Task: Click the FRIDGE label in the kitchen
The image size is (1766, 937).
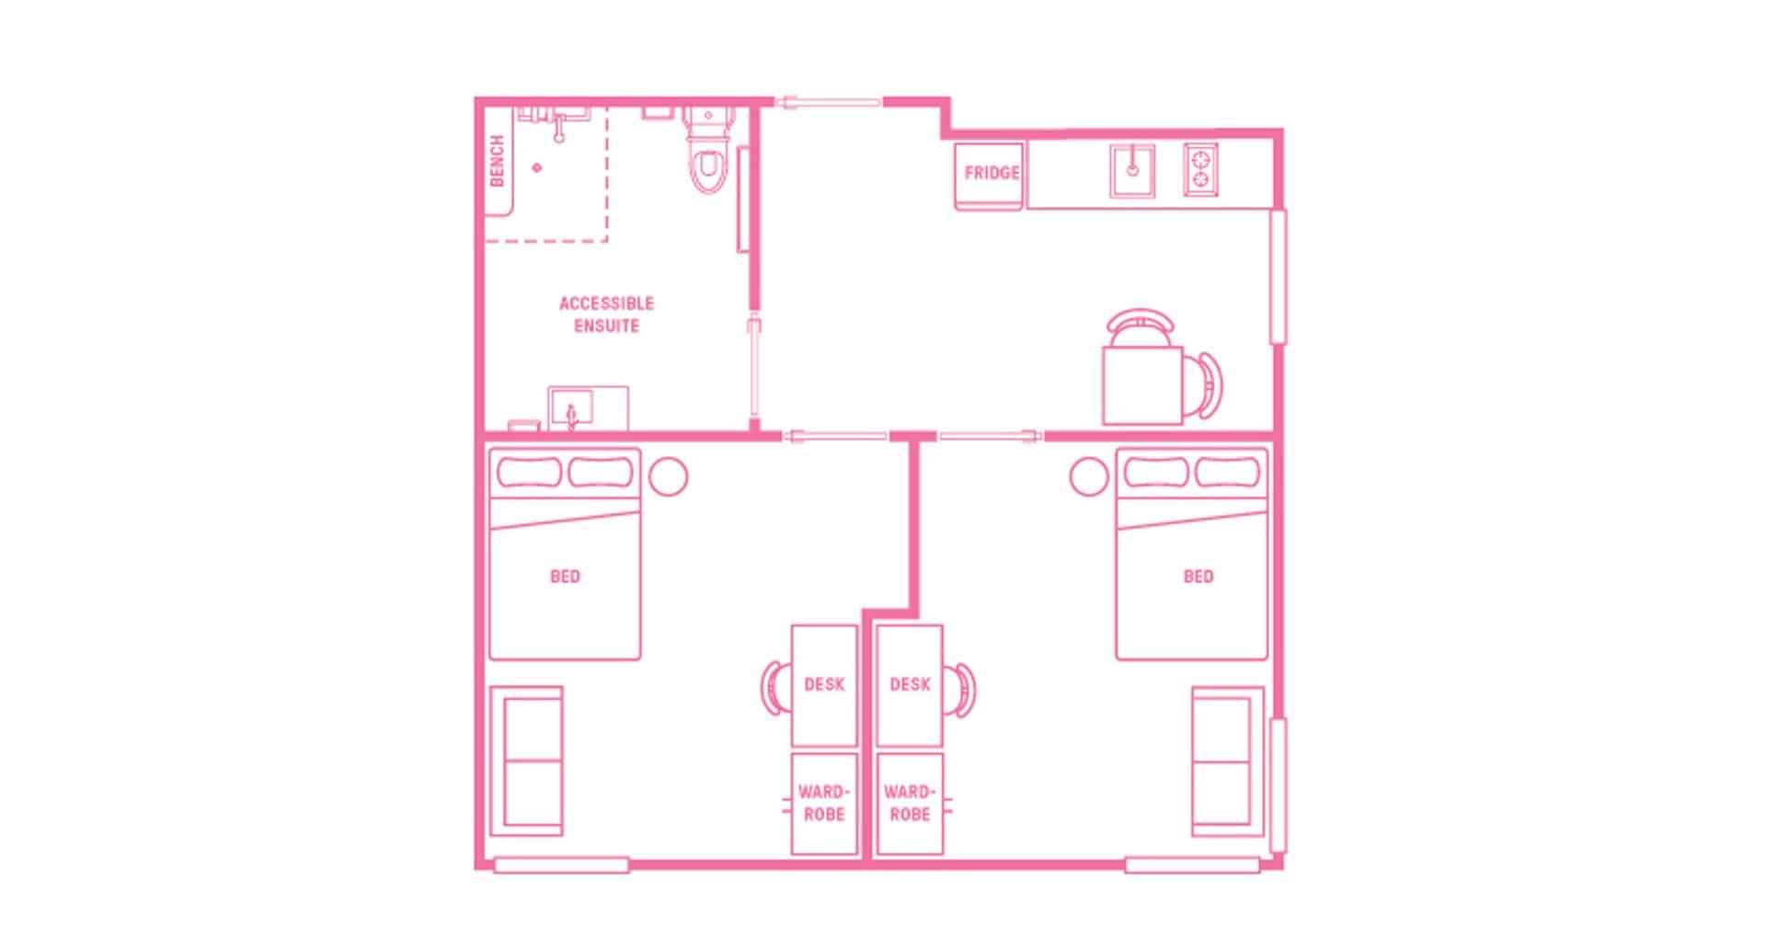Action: point(991,173)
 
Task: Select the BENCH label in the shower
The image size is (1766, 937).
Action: point(498,161)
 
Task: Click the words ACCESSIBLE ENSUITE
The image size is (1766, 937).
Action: point(606,314)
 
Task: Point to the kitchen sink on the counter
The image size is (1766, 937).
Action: point(1132,170)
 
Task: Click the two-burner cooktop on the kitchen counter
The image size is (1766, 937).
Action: point(1200,170)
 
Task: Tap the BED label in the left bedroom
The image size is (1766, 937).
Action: point(565,577)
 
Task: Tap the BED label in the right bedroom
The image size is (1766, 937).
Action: point(1198,577)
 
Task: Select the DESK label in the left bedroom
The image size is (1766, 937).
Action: point(823,684)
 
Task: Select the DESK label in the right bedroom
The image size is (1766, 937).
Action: point(910,684)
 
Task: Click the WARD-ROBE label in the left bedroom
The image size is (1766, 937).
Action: point(823,803)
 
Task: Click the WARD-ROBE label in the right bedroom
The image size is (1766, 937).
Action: point(910,803)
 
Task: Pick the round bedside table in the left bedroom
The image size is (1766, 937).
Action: point(669,476)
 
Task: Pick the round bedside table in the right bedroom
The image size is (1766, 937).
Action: point(1089,476)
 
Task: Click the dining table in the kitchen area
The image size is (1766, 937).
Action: point(1141,384)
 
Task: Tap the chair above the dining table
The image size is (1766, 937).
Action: point(1141,324)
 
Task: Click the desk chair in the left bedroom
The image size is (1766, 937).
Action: point(774,687)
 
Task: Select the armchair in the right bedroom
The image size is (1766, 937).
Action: point(1222,761)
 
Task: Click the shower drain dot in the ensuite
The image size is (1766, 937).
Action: point(538,167)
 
